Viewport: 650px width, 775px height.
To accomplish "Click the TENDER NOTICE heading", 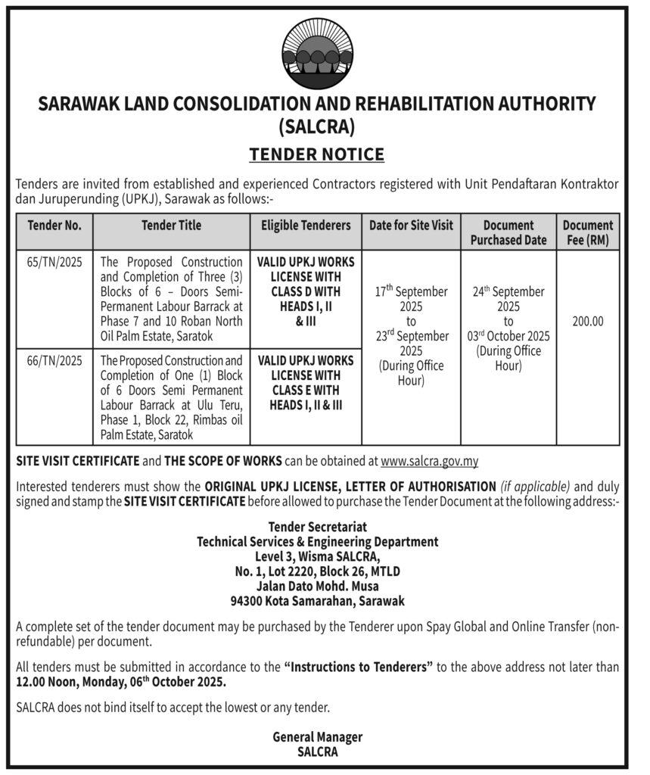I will click(317, 155).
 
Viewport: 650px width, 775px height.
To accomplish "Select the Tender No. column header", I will click(54, 225).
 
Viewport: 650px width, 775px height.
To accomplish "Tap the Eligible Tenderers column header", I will click(306, 225).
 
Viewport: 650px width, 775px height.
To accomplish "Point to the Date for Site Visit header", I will click(411, 225).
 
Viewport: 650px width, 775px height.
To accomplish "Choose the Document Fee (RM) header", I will click(588, 232).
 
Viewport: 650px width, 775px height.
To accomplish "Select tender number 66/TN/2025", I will click(54, 361).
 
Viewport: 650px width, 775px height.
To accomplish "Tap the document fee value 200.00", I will click(588, 321).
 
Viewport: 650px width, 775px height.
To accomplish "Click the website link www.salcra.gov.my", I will click(429, 461).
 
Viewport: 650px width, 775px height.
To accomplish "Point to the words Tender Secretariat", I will click(317, 527).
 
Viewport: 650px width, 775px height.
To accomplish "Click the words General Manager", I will click(317, 736).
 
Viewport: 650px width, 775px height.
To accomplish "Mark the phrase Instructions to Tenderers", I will click(358, 667).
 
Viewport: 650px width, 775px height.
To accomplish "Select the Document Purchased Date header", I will click(508, 232).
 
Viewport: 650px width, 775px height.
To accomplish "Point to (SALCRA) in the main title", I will click(317, 126).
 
